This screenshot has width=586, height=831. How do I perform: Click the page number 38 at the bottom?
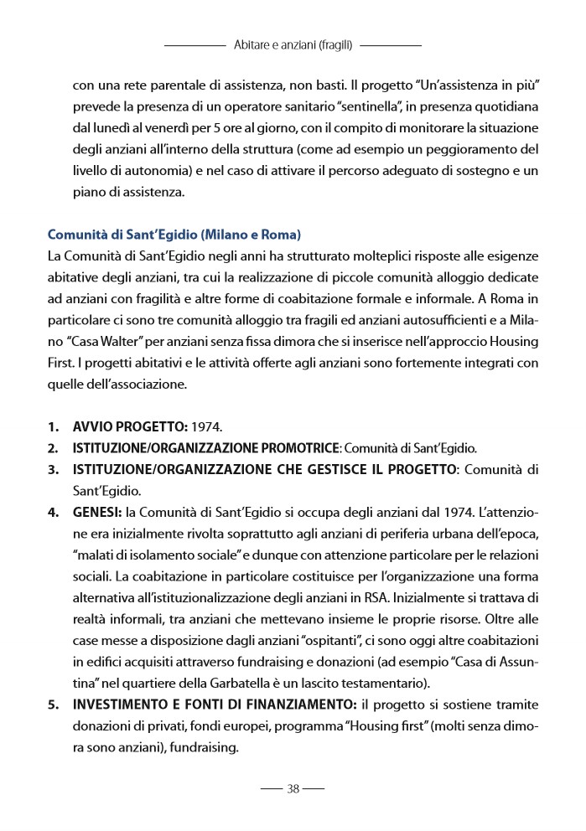pos(293,788)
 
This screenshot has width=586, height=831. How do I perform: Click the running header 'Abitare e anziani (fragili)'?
pos(293,44)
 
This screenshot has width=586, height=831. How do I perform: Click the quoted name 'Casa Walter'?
pos(104,342)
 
